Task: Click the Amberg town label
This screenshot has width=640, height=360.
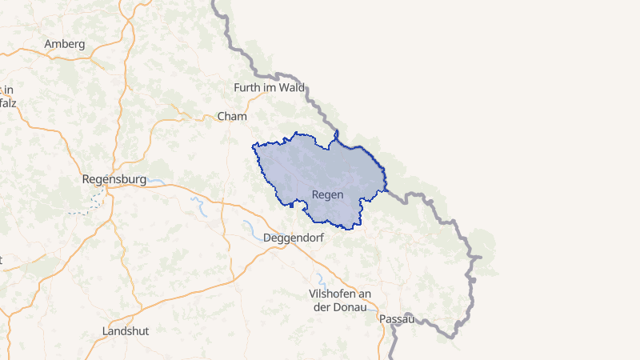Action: point(66,44)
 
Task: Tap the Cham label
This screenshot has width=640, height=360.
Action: point(232,117)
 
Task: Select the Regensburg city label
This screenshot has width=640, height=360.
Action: point(114,180)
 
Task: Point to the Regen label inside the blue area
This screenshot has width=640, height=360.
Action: point(327,195)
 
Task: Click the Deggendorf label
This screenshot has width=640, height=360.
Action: point(294,238)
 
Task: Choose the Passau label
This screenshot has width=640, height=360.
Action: point(397,319)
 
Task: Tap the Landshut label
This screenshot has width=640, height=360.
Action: point(126,330)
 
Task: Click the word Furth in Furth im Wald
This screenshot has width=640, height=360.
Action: point(247,88)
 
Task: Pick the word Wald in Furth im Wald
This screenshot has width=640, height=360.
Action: point(292,88)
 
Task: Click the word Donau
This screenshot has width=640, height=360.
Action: point(353,307)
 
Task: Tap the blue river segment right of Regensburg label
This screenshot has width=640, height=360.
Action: point(156,182)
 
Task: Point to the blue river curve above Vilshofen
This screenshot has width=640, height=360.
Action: point(320,279)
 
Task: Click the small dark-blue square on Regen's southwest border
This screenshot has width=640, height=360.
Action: point(292,205)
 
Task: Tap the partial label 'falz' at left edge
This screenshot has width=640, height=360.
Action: point(8,103)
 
